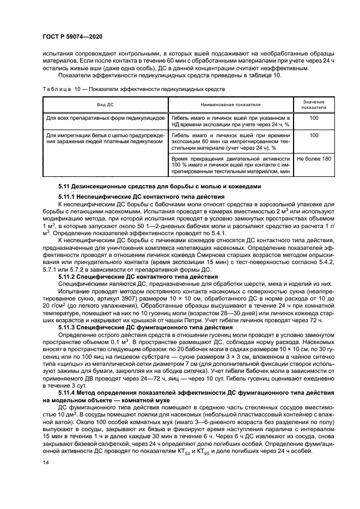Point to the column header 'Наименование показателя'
click(230, 105)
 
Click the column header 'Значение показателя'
click(313, 105)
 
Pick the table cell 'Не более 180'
click(313, 158)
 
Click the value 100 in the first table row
click(313, 118)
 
